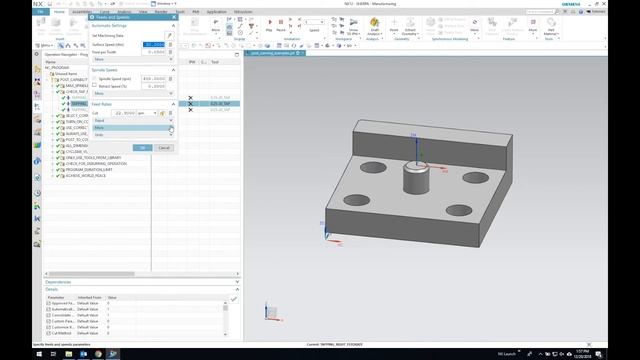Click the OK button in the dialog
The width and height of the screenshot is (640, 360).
coord(143,147)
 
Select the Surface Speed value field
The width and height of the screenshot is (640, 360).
coord(153,44)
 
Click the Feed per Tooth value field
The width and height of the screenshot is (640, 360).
coord(153,52)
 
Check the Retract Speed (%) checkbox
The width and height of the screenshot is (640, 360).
coord(95,87)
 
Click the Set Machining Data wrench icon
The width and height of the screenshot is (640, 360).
coord(170,35)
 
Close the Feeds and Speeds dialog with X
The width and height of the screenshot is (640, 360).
coord(173,17)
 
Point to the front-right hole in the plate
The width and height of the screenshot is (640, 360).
coord(460,211)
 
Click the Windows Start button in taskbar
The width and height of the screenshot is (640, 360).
coord(5,354)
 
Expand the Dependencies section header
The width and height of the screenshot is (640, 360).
coord(60,282)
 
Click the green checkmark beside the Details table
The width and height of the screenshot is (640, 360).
coord(234,299)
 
